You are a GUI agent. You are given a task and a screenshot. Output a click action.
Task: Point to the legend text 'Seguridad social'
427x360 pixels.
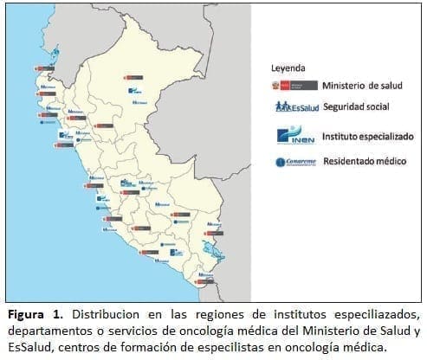tap(354, 108)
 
